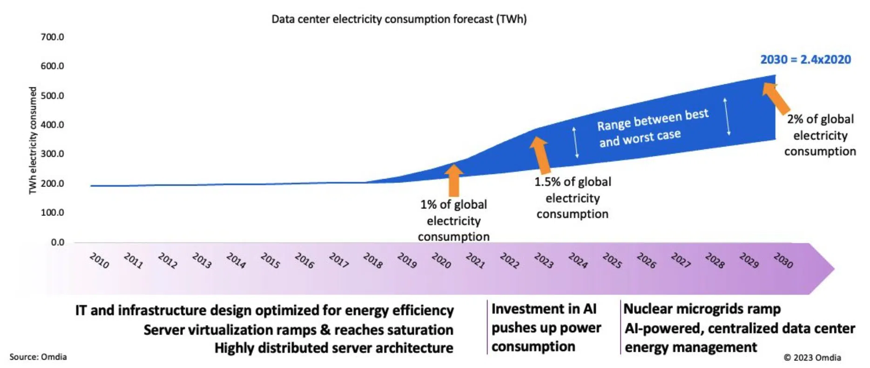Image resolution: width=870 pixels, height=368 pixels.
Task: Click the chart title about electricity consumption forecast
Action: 399,19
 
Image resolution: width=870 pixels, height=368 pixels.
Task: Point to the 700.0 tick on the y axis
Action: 52,37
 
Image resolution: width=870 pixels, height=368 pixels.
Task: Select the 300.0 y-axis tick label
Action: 52,154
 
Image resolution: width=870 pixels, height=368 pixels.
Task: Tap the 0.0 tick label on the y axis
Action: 58,242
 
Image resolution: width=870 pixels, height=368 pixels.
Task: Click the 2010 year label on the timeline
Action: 99,261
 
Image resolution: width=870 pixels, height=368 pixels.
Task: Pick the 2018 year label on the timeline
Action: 373,261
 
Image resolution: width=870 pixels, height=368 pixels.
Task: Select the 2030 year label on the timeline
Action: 783,261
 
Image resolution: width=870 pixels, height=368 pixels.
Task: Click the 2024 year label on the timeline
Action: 578,261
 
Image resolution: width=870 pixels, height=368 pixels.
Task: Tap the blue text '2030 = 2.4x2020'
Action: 805,60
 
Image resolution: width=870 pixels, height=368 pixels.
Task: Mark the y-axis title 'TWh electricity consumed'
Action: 33,140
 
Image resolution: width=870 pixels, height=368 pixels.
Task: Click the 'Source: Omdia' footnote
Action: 38,357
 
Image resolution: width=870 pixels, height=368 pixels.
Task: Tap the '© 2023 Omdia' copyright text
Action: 812,357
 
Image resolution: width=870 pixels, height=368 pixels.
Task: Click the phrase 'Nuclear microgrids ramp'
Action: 702,309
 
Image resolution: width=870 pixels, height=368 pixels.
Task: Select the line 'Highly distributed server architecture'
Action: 334,348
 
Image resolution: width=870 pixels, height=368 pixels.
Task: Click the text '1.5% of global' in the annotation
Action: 573,182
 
